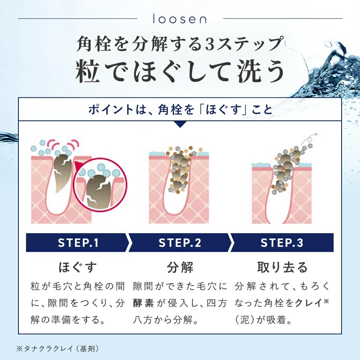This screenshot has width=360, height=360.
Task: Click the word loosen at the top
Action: pos(180,19)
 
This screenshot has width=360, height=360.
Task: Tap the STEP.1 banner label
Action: pos(78,243)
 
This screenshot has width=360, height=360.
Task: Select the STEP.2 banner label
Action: pos(180,243)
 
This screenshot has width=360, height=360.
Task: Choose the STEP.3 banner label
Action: pos(282,243)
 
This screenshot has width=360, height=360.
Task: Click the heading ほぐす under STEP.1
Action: pos(78,267)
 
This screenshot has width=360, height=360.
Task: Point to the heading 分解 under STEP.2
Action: pos(180,267)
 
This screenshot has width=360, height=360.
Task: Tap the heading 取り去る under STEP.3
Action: pos(282,267)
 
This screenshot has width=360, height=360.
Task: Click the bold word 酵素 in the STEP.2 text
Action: pos(144,303)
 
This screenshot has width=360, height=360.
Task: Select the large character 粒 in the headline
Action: pos(88,71)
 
